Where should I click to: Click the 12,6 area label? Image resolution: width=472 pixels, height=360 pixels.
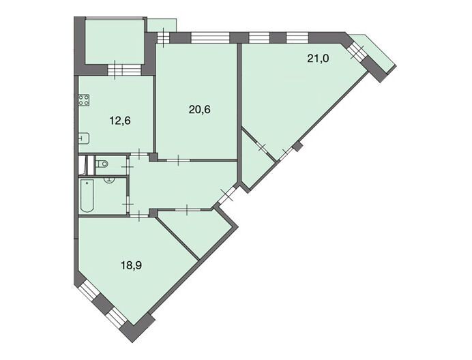(x=120, y=121)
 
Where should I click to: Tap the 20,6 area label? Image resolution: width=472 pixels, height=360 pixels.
(x=200, y=110)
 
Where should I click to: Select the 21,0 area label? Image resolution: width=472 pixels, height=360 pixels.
(x=318, y=59)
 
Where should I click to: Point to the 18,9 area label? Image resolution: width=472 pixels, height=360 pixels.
(x=131, y=265)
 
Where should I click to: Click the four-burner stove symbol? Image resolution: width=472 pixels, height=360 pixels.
(x=84, y=100)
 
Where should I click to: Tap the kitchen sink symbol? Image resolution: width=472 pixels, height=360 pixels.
(x=84, y=139)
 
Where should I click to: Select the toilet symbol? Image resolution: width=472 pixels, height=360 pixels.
(x=102, y=164)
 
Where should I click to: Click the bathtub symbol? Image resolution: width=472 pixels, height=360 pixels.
(x=87, y=196)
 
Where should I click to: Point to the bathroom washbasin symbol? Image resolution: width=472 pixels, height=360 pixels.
(x=109, y=180)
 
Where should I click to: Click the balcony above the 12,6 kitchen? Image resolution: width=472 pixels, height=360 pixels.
(x=115, y=41)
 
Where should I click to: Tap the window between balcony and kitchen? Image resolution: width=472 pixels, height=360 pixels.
(x=124, y=70)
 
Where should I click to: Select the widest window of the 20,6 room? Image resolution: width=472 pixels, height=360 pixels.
(x=210, y=38)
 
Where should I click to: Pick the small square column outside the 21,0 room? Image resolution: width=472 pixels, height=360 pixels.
(x=297, y=147)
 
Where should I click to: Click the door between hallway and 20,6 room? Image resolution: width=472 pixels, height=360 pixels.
(x=178, y=160)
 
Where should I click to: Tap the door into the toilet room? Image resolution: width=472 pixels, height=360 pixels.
(x=128, y=165)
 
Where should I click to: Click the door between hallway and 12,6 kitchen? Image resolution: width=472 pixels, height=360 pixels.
(x=139, y=154)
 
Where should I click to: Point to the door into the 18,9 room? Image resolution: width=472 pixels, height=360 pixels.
(x=139, y=215)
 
